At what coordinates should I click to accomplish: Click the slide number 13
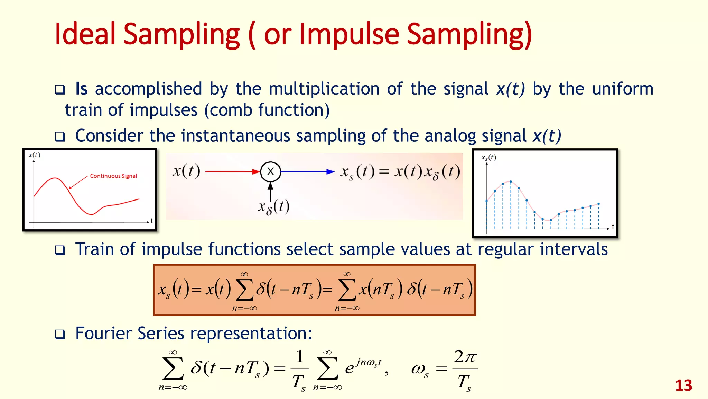coord(683,385)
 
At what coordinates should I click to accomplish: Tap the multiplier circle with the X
coord(270,171)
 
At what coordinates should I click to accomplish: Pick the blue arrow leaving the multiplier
coord(307,171)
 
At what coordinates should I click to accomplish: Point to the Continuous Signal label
coord(113,176)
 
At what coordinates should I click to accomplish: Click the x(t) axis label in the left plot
coord(34,155)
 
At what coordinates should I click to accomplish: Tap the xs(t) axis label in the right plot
coord(488,158)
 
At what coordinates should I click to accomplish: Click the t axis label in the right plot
coord(613,227)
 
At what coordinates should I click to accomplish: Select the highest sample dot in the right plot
coord(511,181)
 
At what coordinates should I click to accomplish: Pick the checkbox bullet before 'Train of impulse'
coord(60,250)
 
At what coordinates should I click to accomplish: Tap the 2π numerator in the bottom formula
coord(465,357)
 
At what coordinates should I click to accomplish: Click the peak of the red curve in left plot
coord(55,178)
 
